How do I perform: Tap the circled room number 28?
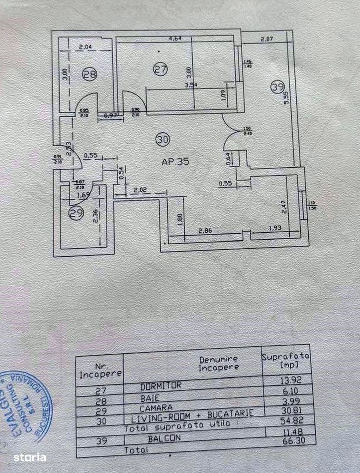point(91,74)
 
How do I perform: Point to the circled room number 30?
point(163,139)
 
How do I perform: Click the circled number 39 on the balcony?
point(277,86)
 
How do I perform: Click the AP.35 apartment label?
point(175,162)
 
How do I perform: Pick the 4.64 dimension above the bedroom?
point(174,39)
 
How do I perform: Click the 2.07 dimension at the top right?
point(268,39)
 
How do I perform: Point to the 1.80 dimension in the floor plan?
point(179,217)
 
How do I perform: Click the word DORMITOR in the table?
point(161,384)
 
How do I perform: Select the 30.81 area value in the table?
point(287,412)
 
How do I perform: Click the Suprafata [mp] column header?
point(286,360)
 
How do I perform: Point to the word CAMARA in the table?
point(157,407)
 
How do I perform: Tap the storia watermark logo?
point(30,458)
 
